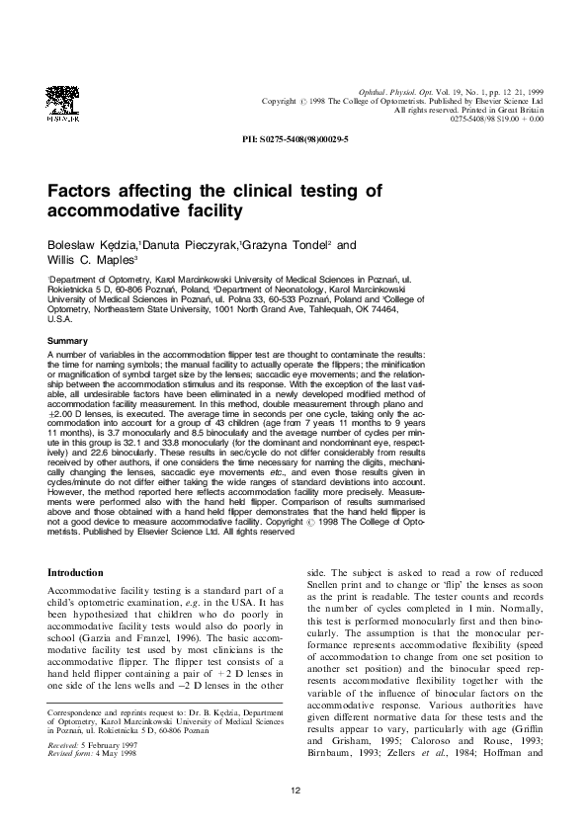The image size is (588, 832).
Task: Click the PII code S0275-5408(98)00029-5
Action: (294, 140)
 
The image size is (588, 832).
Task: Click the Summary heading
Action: (68, 341)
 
